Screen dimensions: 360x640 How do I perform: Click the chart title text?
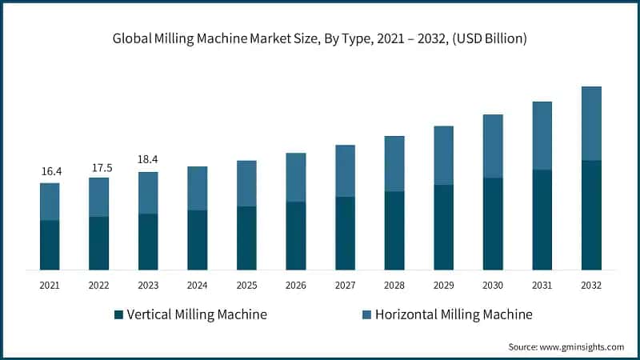click(320, 38)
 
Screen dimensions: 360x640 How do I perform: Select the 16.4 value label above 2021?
click(50, 171)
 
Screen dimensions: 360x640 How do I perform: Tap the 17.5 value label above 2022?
click(98, 167)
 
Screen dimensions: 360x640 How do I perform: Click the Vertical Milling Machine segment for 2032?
click(591, 214)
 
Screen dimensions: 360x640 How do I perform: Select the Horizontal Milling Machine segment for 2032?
click(591, 123)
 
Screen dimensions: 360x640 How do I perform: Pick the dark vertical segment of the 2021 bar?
click(50, 245)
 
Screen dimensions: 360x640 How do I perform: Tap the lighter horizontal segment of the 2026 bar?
click(296, 177)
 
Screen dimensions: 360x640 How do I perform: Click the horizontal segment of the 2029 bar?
click(444, 155)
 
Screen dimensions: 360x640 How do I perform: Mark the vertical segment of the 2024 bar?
click(198, 239)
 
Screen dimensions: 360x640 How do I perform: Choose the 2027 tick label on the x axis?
click(346, 285)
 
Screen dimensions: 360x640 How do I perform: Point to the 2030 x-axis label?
click(493, 285)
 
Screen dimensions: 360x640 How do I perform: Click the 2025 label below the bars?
click(246, 285)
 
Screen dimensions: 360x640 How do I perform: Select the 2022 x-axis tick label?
click(98, 285)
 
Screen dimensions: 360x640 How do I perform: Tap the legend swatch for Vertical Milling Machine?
click(119, 314)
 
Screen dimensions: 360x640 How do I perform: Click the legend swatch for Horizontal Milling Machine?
click(367, 314)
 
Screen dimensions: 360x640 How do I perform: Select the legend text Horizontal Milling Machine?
click(454, 314)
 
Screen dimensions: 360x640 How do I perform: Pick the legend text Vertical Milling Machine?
click(197, 314)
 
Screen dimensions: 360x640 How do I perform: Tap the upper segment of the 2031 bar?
click(542, 135)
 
